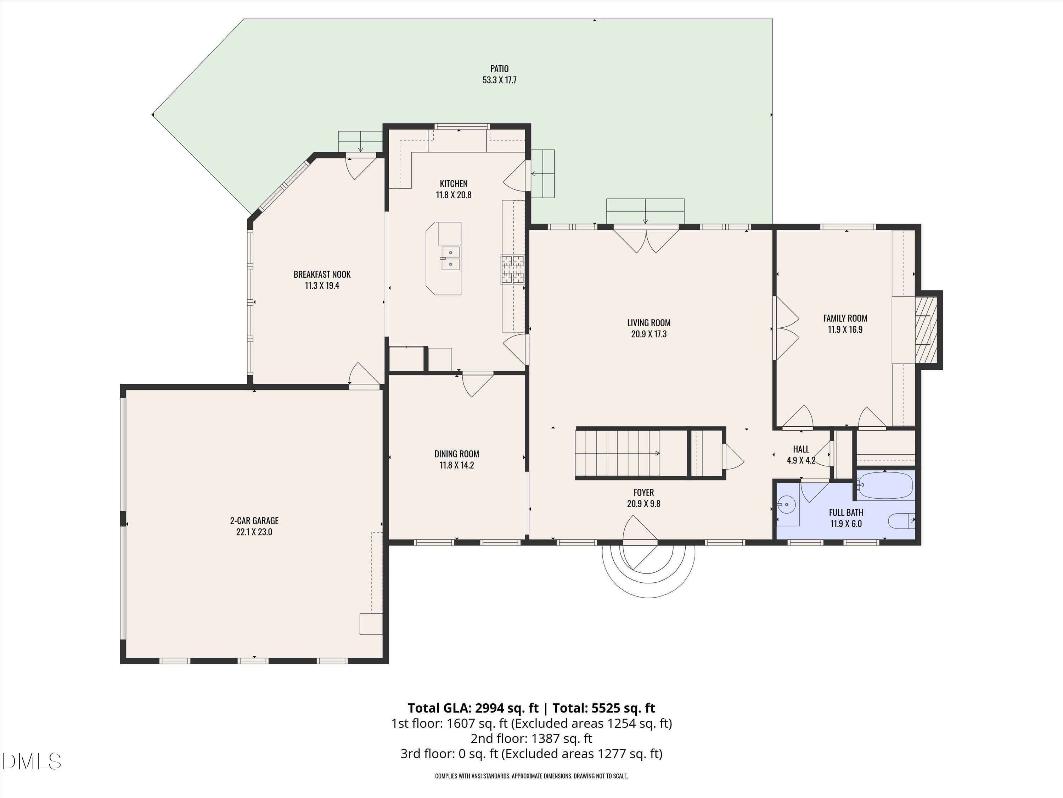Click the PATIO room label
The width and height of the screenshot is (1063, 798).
[499, 69]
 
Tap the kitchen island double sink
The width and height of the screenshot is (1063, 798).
[450, 258]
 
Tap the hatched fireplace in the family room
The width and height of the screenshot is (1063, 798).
[925, 329]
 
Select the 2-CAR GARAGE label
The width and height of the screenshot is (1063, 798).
[254, 520]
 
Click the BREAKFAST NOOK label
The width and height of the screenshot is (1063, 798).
[322, 274]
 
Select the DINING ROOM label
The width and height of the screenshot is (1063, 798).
[456, 454]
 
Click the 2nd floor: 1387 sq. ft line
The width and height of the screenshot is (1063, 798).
[531, 738]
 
